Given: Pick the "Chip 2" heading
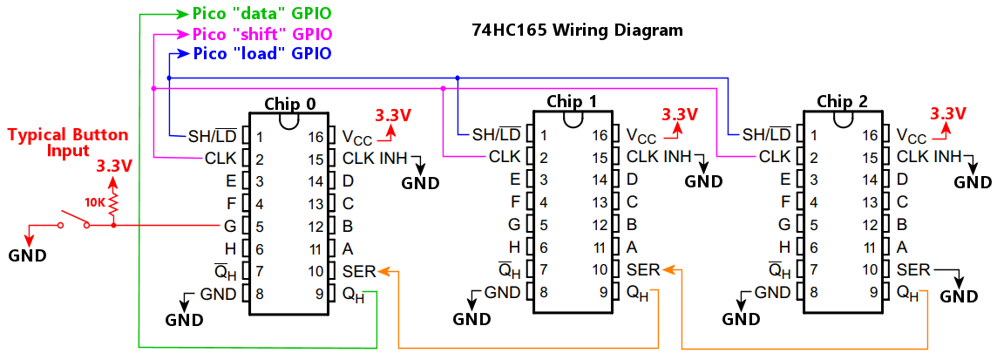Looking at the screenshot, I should click(842, 101).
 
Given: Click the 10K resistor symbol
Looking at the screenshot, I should click(113, 206).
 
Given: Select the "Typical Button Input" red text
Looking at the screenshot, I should click(68, 143).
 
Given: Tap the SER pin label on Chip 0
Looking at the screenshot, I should click(359, 271).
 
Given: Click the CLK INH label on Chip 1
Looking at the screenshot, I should click(658, 157).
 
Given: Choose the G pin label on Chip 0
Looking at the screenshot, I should click(231, 227).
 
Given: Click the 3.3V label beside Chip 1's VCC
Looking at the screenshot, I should click(680, 114).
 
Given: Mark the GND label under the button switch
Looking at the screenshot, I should click(27, 255).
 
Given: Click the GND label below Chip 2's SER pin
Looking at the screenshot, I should click(959, 296).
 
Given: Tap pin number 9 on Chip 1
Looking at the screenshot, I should click(604, 292).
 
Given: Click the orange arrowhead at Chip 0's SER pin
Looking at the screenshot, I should click(383, 271).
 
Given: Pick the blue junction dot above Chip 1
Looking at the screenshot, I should click(458, 78).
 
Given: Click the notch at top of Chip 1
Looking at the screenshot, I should click(572, 119).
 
